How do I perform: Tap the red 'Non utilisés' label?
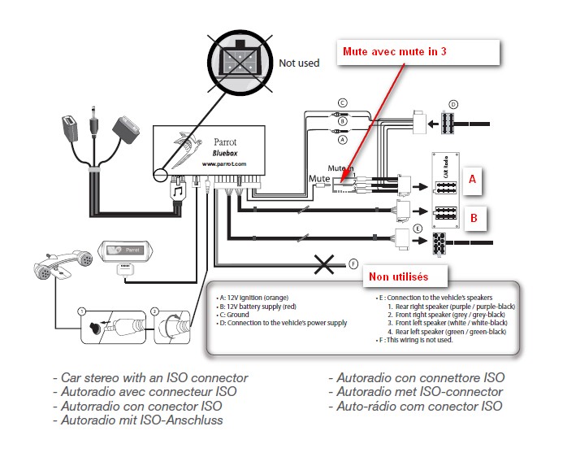(x=398, y=276)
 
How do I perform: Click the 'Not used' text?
(x=299, y=63)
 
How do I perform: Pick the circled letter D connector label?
(x=453, y=104)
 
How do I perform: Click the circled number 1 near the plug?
(x=81, y=311)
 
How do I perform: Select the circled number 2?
(x=157, y=311)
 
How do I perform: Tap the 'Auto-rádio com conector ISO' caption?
(x=414, y=406)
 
